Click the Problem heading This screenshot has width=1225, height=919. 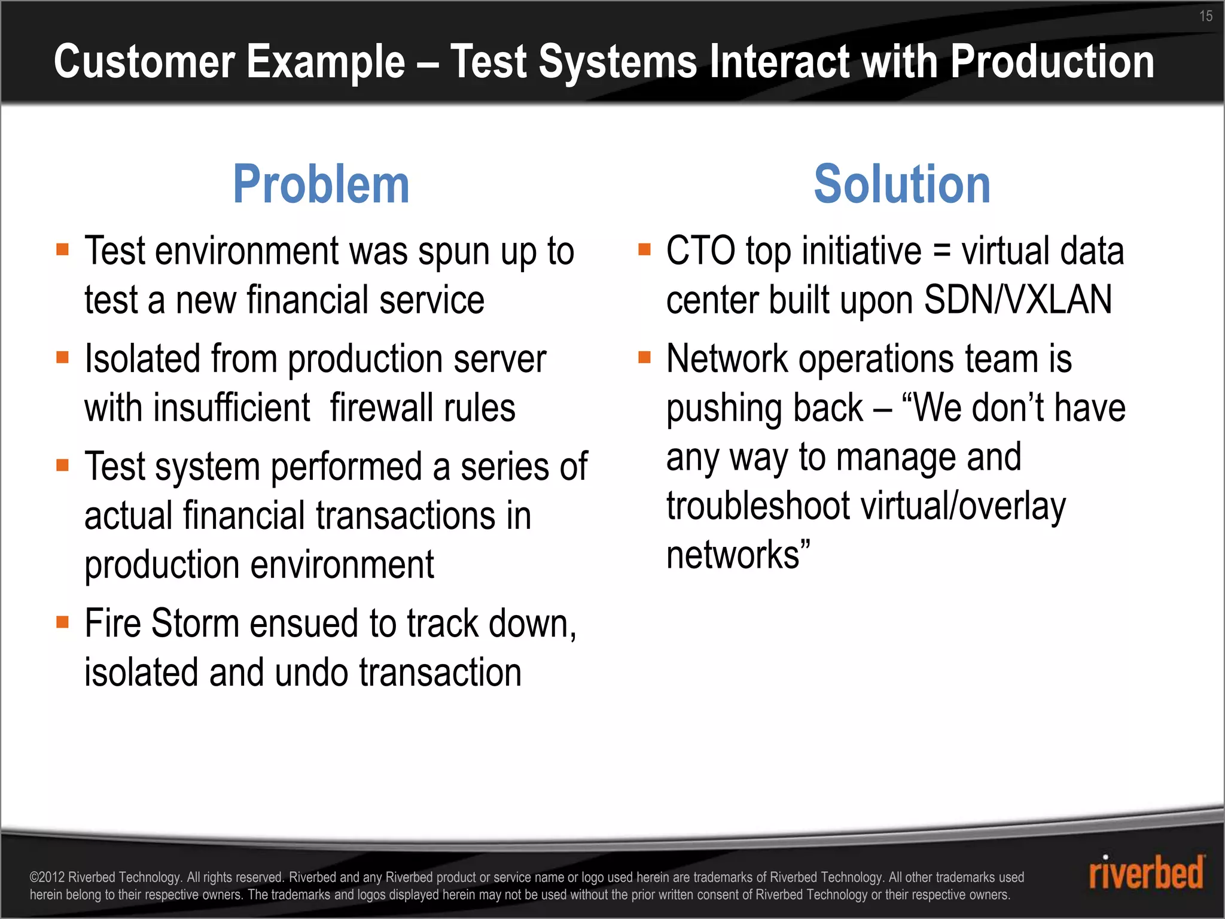tap(321, 184)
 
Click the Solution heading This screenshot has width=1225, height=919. tap(902, 184)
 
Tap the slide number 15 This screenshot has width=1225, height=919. tap(1205, 16)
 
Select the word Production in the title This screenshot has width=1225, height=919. tap(1052, 62)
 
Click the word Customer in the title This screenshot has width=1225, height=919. tap(140, 62)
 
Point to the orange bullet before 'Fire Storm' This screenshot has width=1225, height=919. tap(63, 622)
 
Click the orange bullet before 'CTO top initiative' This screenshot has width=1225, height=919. tap(644, 249)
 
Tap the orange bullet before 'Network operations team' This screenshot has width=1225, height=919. tap(644, 357)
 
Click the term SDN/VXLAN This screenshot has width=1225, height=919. tap(1018, 300)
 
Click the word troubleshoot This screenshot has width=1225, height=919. tap(758, 506)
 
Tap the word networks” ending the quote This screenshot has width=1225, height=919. tap(738, 555)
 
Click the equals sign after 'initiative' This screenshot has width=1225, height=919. tap(941, 251)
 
